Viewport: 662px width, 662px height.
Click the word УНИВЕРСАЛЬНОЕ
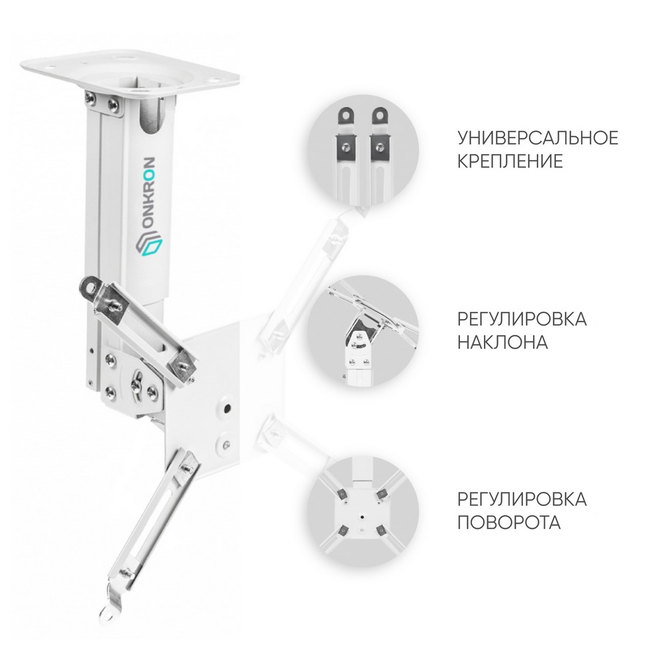point(538,138)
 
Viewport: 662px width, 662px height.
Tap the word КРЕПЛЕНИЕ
point(510,162)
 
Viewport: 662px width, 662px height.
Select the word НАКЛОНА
point(502,342)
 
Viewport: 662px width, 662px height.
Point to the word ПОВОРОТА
point(509,523)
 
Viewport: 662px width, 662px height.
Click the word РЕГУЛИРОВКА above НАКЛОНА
point(522,319)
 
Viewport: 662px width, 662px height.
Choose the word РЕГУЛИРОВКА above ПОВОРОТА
point(522,499)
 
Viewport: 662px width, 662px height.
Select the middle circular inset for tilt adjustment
point(363,331)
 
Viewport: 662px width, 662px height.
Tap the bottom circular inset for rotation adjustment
point(363,512)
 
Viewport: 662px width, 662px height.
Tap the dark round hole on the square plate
point(228,408)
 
